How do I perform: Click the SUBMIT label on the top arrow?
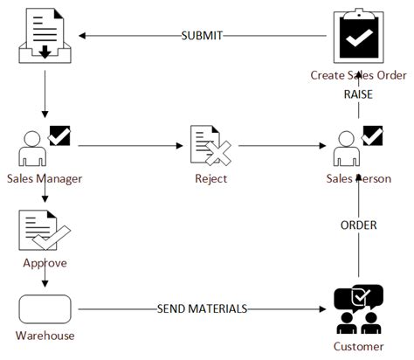coord(202,36)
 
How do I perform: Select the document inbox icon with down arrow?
coord(44,37)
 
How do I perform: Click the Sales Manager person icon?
coord(31,149)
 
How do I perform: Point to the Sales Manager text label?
coord(44,178)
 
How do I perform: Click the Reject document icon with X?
coord(210,145)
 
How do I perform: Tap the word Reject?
coord(210,178)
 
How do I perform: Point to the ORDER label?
coord(358,225)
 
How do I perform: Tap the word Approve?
coord(45,262)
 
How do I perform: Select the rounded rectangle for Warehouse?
coord(44,308)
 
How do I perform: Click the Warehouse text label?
coord(45,336)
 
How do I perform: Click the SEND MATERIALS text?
coord(202,308)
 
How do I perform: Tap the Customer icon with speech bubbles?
coord(358,309)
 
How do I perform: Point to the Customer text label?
coord(358,347)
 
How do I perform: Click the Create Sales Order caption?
coord(358,75)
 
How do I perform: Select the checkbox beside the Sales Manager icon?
coord(59,135)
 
